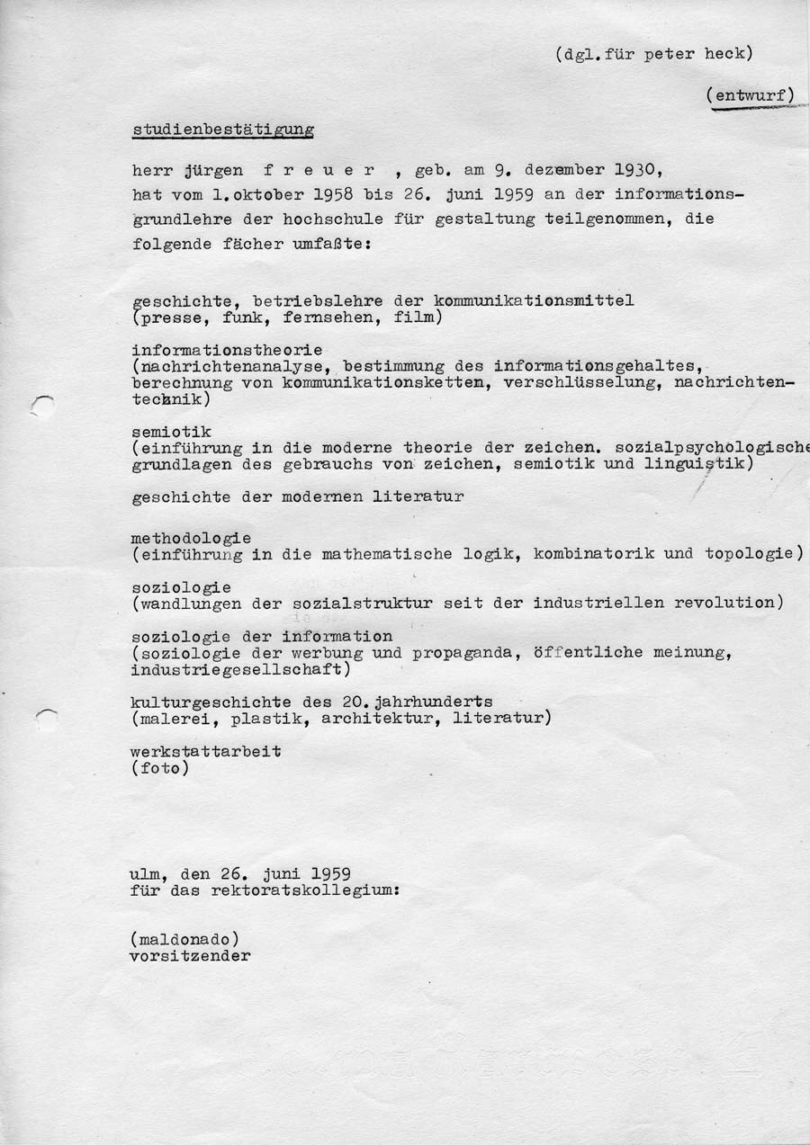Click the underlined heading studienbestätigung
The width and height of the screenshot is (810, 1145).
[222, 130]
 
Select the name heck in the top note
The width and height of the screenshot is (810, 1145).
[730, 53]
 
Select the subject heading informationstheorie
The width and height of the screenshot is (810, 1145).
[226, 349]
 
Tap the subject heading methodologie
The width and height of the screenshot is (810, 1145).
[191, 538]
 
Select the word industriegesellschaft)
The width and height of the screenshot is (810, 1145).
[240, 669]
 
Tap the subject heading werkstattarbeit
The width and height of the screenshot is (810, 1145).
[205, 751]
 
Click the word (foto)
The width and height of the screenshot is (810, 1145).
[160, 768]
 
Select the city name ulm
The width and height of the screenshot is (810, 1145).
[147, 873]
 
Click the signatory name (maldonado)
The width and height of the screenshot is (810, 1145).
[185, 940]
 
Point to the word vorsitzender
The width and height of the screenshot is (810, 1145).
[190, 956]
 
